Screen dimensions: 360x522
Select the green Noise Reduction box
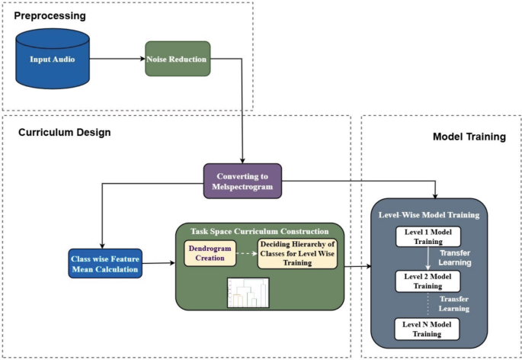coord(177,59)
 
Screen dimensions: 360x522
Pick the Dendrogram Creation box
coord(209,253)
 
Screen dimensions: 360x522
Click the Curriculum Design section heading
coord(65,133)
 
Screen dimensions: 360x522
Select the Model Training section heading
coord(469,137)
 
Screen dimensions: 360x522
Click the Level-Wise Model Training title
coord(428,215)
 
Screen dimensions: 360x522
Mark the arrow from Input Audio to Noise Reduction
coord(117,59)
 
